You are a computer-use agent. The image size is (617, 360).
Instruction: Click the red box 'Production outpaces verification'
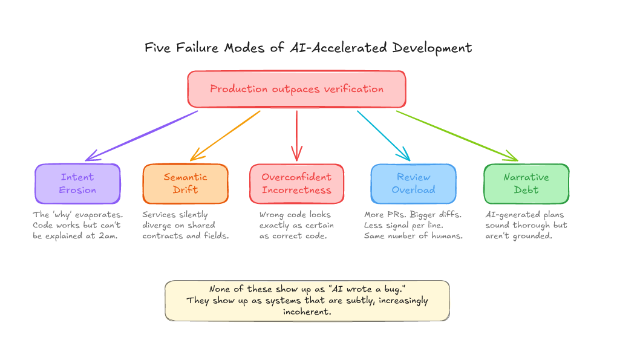coord(296,89)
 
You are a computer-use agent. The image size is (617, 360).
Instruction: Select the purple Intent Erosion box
coord(77,183)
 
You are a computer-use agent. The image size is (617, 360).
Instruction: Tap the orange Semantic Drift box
coord(185,183)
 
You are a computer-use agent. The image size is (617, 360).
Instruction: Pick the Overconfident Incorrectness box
coord(296,183)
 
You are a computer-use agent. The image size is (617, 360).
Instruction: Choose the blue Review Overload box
coord(413,183)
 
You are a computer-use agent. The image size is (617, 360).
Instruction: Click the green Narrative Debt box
coord(526,183)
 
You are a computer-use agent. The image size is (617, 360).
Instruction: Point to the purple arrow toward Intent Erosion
coord(142,136)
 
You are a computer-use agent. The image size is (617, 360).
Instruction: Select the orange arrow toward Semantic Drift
coord(225,136)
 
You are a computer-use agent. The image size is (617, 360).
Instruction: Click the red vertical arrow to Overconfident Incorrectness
coord(296,136)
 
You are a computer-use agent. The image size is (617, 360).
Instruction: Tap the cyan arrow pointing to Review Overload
coord(384,136)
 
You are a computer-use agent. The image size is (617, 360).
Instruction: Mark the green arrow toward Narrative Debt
coord(457,136)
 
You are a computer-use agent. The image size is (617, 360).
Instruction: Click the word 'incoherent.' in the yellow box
coord(307,312)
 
